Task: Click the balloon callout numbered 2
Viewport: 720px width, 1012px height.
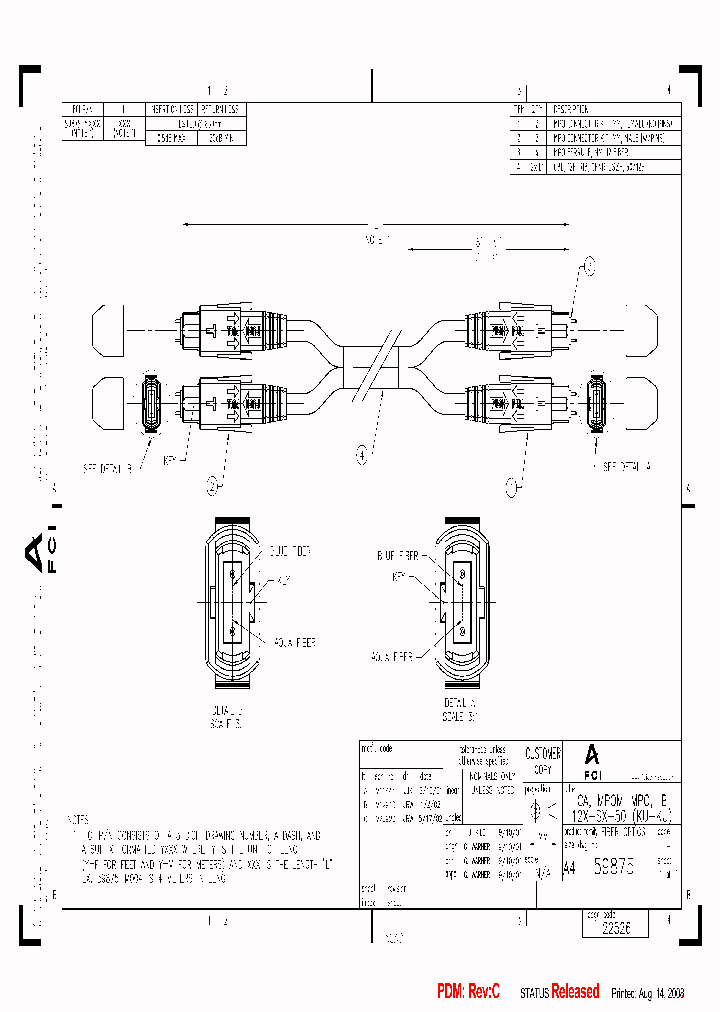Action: pos(212,486)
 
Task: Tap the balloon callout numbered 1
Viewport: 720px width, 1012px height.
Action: pos(512,486)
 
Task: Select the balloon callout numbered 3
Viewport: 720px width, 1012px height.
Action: pos(589,265)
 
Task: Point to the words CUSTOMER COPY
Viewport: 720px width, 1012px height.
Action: pos(543,760)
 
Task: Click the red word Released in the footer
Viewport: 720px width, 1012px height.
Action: pos(575,991)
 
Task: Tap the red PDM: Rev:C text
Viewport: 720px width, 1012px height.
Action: pos(469,991)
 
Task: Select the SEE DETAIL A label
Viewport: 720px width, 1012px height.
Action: pos(627,466)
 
